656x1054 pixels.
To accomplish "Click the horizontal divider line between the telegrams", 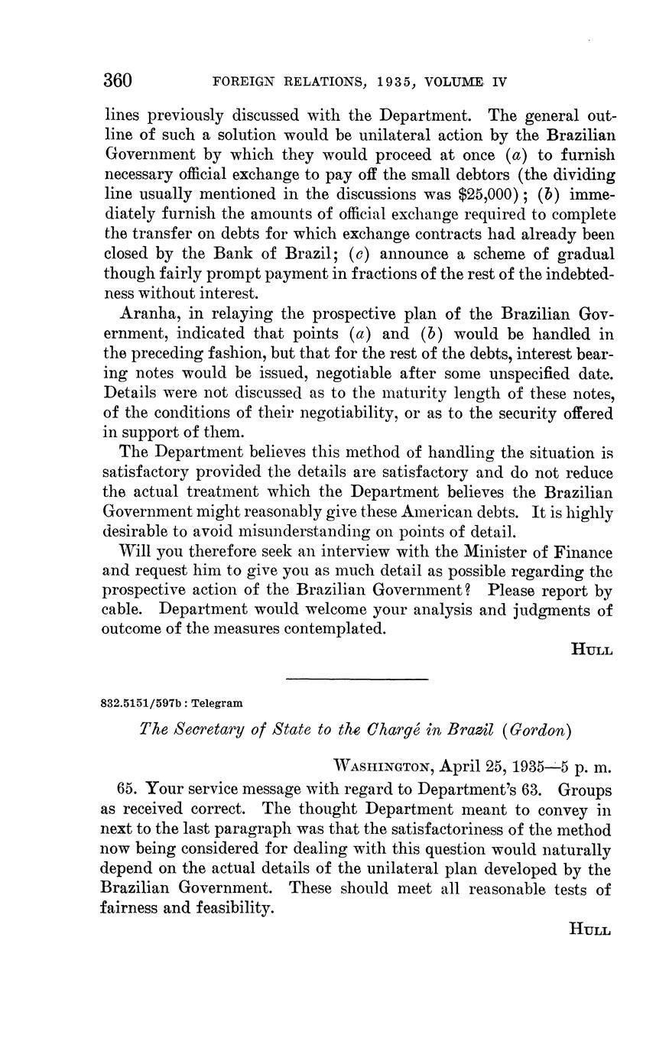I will [356, 679].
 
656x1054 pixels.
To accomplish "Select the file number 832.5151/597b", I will [142, 702].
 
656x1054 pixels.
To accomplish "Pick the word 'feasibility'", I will [230, 909].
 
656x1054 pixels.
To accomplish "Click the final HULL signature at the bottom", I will [591, 929].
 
